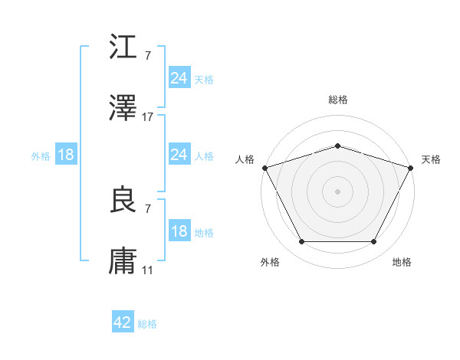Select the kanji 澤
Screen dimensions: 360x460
[124, 109]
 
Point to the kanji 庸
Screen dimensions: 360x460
[124, 262]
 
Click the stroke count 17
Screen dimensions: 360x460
[148, 117]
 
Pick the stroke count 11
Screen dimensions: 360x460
[148, 270]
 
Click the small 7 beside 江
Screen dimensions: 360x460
[147, 56]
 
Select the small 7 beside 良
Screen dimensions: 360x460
[147, 209]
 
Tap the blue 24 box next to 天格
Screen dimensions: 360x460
[179, 78]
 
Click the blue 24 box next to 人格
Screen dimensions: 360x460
[179, 155]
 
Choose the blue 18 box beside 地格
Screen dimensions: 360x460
[179, 231]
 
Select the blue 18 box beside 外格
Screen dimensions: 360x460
[66, 155]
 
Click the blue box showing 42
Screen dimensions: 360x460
[123, 322]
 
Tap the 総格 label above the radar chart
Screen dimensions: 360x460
[337, 100]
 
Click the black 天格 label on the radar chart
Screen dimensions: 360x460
[432, 159]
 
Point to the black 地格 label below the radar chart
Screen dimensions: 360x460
[402, 262]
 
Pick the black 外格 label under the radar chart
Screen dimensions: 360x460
[270, 262]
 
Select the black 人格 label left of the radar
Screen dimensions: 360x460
[245, 159]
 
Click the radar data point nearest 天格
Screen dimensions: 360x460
[412, 167]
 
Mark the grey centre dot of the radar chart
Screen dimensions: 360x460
[337, 191]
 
